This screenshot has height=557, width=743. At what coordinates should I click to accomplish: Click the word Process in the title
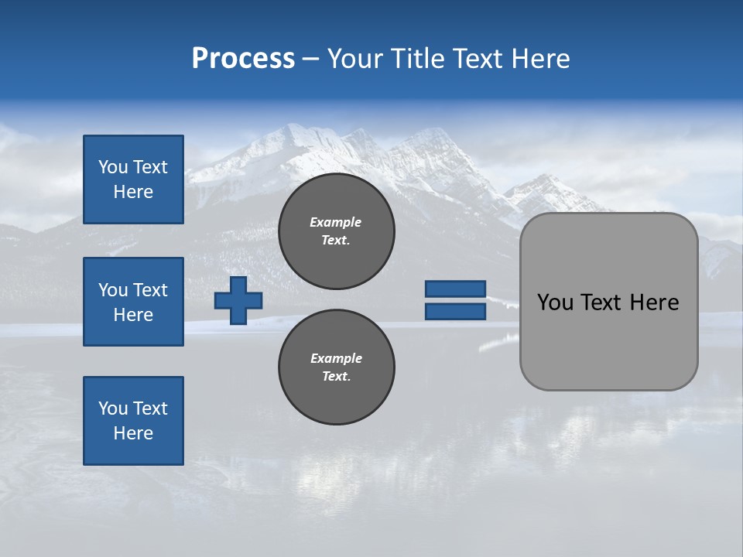click(243, 59)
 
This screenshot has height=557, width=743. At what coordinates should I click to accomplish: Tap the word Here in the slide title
click(541, 59)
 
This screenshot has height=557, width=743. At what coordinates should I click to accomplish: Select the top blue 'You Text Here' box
click(133, 179)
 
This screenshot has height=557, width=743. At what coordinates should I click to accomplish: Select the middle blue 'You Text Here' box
click(133, 302)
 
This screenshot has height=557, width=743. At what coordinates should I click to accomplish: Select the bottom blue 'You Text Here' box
click(133, 421)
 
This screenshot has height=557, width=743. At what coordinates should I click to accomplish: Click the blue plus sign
click(238, 300)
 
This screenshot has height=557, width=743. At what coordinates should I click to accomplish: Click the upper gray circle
click(336, 231)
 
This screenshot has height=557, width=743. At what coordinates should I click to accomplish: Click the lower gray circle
click(336, 367)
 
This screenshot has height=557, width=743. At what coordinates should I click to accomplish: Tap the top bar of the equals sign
click(455, 289)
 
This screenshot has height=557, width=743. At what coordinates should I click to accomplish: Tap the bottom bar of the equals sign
click(455, 311)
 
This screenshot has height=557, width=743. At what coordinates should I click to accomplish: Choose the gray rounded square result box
click(608, 340)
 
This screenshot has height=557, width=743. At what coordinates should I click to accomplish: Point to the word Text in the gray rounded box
click(601, 302)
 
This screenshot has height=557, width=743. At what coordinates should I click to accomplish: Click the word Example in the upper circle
click(336, 222)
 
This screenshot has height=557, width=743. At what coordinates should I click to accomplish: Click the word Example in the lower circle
click(336, 358)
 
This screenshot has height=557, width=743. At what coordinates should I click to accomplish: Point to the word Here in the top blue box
click(133, 192)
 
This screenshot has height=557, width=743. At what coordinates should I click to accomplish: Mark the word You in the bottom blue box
click(113, 408)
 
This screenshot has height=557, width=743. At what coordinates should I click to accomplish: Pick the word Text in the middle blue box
click(149, 290)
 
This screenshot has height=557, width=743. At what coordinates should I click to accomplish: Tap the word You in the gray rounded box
click(555, 302)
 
